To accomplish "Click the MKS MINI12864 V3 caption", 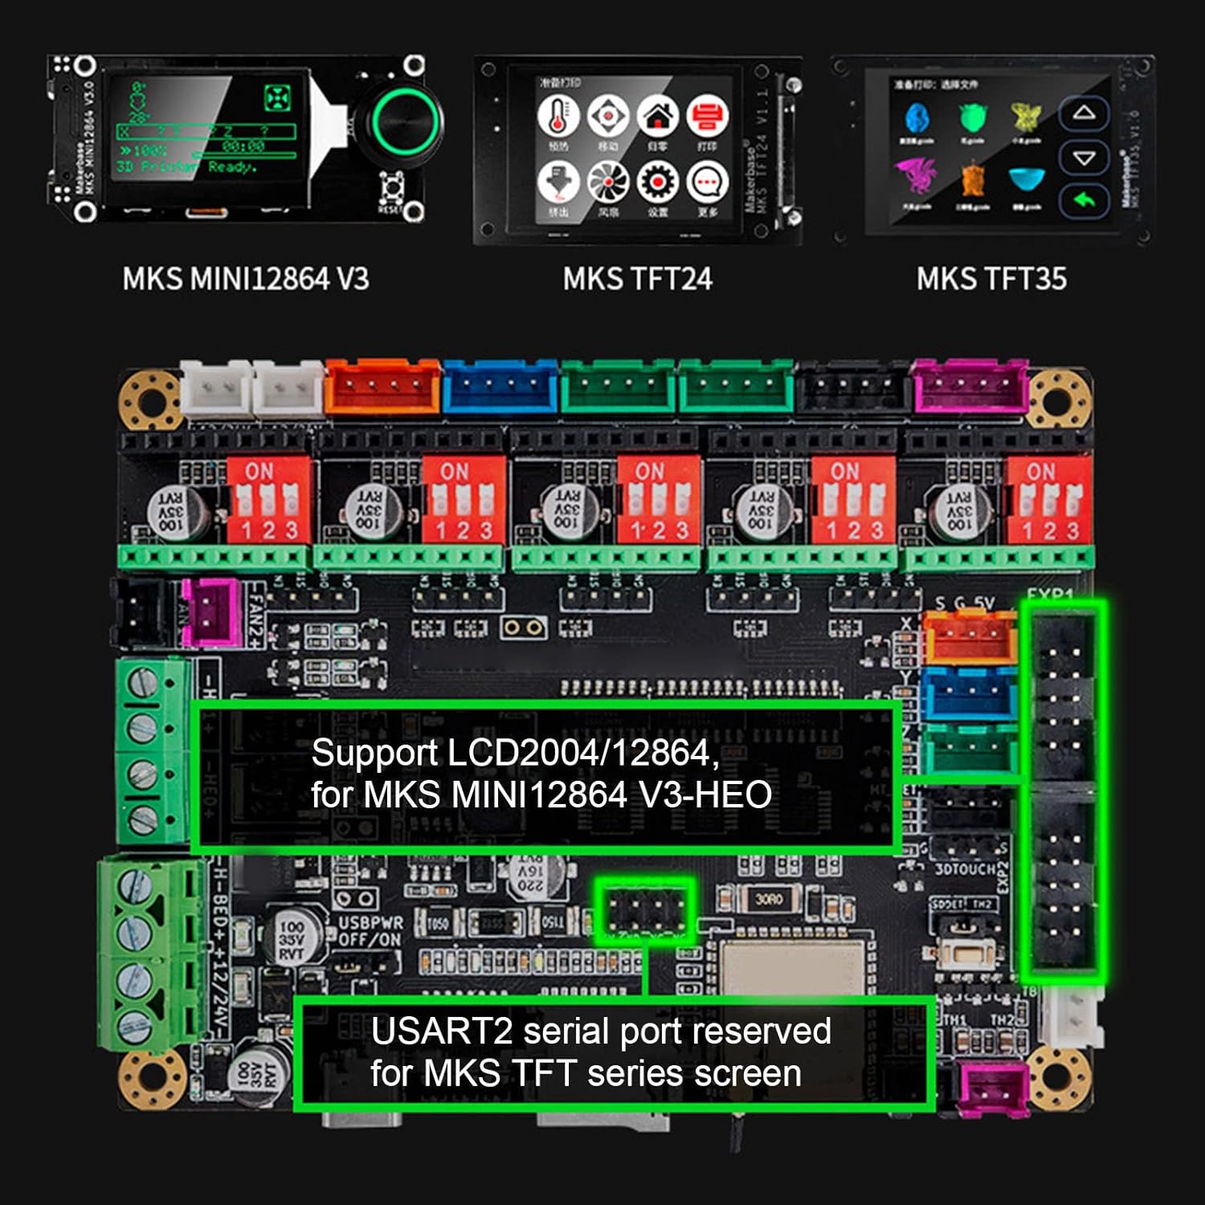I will click(x=245, y=279).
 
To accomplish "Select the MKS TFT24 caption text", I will click(x=637, y=279).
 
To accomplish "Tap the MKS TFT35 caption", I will click(x=991, y=279).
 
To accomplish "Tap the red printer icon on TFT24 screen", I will click(x=707, y=117).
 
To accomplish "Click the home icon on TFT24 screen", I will click(x=658, y=117).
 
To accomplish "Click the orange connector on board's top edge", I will click(x=383, y=386).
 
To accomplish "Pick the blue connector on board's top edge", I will click(x=500, y=386).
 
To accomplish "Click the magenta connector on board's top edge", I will click(x=970, y=386).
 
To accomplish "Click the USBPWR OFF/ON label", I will click(x=370, y=931).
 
